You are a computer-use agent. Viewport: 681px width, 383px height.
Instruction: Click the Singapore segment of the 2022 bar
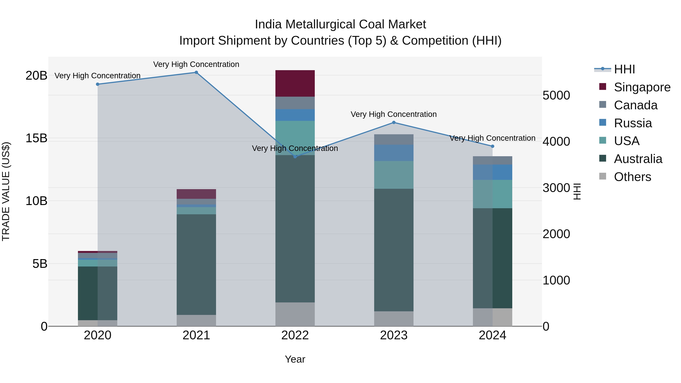point(295,83)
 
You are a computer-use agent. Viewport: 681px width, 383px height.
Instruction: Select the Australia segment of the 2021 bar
point(196,264)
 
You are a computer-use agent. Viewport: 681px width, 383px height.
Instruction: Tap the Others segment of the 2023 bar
point(394,319)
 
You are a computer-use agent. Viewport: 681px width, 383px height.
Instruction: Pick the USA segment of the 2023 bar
point(394,175)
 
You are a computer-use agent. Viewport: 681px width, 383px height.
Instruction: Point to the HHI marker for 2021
point(196,72)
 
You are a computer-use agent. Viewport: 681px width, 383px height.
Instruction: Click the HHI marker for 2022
point(295,157)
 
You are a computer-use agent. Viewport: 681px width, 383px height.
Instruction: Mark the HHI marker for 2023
point(394,122)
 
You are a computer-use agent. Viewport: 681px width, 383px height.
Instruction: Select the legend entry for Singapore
point(642,87)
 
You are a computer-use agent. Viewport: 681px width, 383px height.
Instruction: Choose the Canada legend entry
point(635,105)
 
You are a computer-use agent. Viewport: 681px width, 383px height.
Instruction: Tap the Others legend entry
point(632,177)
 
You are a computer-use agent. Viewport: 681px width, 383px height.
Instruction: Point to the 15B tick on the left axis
point(36,138)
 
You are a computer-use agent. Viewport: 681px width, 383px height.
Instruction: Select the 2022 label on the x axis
point(295,335)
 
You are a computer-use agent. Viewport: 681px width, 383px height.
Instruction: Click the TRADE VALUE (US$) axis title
point(6,191)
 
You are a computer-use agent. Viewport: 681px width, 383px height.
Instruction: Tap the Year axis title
point(295,359)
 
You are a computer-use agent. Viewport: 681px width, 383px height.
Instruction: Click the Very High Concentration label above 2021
point(196,64)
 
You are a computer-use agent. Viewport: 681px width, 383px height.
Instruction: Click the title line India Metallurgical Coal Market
point(340,24)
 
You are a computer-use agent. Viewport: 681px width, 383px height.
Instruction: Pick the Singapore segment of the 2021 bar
point(196,194)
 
